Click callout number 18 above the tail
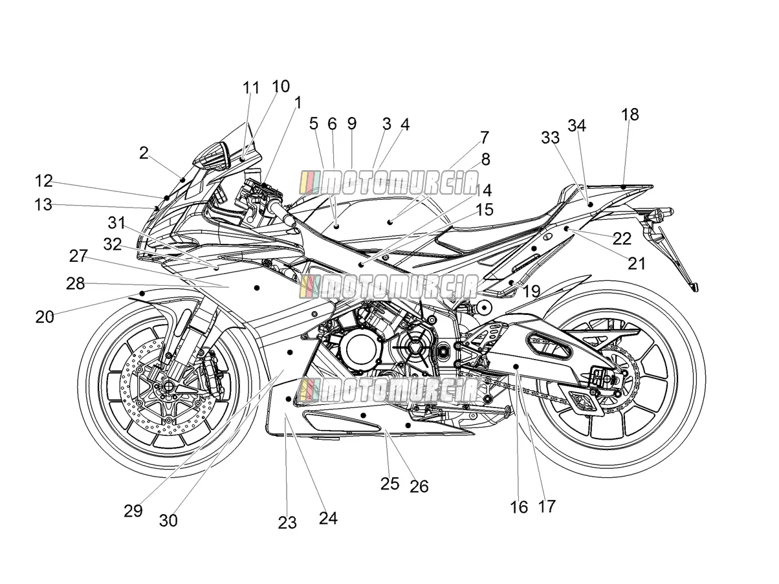click(630, 114)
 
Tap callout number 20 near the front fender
click(45, 317)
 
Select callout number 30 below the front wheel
click(168, 521)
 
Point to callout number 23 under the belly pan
click(287, 523)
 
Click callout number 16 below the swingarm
click(519, 507)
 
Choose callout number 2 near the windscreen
click(144, 153)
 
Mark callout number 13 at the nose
click(43, 204)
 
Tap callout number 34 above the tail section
click(576, 125)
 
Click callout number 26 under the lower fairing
click(419, 486)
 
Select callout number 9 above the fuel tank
click(352, 124)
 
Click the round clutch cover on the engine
click(360, 348)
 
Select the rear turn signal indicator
click(659, 213)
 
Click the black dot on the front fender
click(142, 293)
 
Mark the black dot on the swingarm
click(516, 366)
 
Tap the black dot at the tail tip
click(623, 187)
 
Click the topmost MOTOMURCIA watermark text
click(389, 183)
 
